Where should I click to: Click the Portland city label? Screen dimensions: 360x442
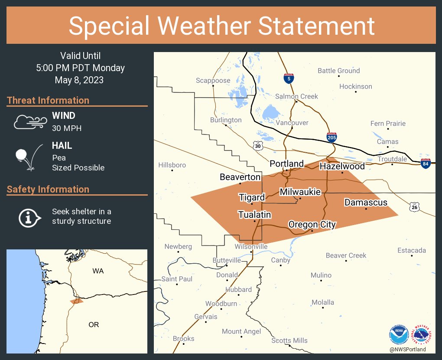286,164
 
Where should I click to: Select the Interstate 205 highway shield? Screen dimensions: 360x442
331,137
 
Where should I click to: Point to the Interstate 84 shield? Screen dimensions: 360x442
426,163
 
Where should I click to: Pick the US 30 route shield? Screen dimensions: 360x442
258,147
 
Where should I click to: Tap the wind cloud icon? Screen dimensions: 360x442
29,122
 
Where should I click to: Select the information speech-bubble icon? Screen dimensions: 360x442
29,217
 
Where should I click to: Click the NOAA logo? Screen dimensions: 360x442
399,335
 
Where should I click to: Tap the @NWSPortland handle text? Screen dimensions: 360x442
407,349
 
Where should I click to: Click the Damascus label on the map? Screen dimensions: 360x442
366,202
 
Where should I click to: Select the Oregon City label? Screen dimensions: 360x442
312,224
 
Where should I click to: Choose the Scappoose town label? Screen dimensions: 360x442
213,80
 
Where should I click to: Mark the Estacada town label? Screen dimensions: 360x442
412,250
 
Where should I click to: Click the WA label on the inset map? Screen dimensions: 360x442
98,271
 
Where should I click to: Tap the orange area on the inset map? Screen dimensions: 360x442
77,301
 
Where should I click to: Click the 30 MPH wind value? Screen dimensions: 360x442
67,128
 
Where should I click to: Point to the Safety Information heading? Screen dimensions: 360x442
48,189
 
